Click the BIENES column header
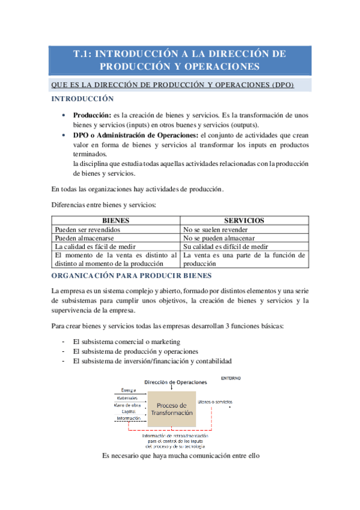tap(116, 221)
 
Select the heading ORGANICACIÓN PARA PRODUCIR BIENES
tap(132, 275)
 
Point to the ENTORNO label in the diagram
tap(231, 378)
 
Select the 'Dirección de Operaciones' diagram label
tap(175, 382)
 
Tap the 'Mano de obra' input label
tap(127, 404)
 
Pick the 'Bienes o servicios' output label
tap(215, 402)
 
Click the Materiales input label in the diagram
tap(126, 398)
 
